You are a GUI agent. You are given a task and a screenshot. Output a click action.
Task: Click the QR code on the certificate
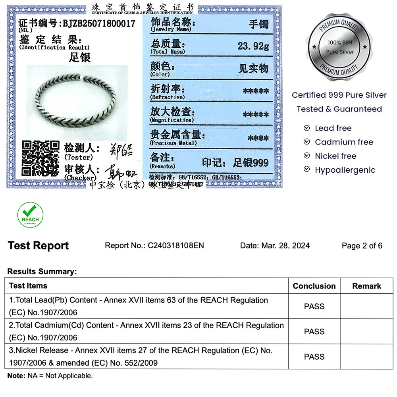tap(40, 158)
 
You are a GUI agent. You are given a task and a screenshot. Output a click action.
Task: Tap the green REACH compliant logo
tap(30, 215)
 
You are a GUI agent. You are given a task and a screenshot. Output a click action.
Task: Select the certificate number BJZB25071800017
tap(99, 24)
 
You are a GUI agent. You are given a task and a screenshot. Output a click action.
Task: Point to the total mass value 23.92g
tap(253, 46)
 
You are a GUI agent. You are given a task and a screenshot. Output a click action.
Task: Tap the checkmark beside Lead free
tap(306, 128)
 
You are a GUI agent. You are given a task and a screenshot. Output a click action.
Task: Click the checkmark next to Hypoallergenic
tap(306, 170)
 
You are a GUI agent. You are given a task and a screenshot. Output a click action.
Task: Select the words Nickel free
tap(335, 156)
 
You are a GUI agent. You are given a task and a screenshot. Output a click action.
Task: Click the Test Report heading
tap(38, 246)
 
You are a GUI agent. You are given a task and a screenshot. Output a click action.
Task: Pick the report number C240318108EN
tap(176, 246)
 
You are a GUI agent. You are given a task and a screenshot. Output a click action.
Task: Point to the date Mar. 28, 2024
tap(285, 246)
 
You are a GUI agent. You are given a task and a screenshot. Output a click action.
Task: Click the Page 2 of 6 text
tap(362, 246)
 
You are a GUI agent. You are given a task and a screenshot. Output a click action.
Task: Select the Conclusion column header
tap(314, 286)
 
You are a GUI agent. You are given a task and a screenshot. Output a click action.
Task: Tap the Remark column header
tap(366, 286)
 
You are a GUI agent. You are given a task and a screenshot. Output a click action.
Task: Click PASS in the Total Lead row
tap(314, 306)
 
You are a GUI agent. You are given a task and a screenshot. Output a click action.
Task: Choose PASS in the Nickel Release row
tap(314, 357)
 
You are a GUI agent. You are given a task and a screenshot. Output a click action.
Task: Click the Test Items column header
tap(28, 286)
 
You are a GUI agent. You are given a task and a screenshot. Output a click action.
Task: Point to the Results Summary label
tap(42, 272)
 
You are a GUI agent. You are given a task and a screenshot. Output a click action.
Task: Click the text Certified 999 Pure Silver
tap(339, 95)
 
